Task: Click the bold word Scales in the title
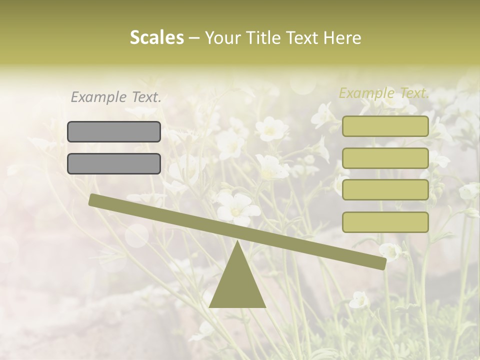pyautogui.click(x=156, y=38)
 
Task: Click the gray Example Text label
pyautogui.click(x=116, y=97)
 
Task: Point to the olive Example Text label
pyautogui.click(x=384, y=93)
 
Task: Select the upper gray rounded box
pyautogui.click(x=114, y=131)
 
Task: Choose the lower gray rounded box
pyautogui.click(x=114, y=163)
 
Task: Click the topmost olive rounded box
pyautogui.click(x=385, y=126)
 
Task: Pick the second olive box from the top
pyautogui.click(x=385, y=158)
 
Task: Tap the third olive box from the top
pyautogui.click(x=385, y=190)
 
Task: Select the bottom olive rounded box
pyautogui.click(x=385, y=222)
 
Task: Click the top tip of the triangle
pyautogui.click(x=237, y=242)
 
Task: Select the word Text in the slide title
pyautogui.click(x=302, y=38)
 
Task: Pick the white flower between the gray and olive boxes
pyautogui.click(x=271, y=128)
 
